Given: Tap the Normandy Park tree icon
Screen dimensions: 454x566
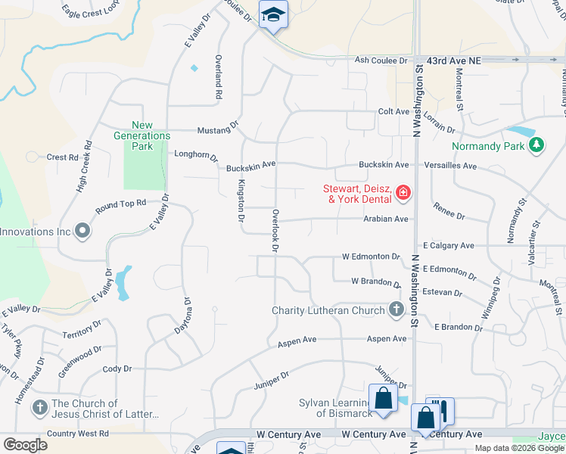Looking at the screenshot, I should (x=536, y=144).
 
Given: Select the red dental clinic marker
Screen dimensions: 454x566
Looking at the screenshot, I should (x=403, y=194).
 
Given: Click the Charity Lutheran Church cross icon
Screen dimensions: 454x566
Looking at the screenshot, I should (x=396, y=309).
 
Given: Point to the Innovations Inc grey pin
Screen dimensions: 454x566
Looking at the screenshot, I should (x=82, y=232).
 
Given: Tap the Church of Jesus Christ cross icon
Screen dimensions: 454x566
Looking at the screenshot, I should (x=39, y=409).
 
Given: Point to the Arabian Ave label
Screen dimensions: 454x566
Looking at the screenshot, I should (x=386, y=219).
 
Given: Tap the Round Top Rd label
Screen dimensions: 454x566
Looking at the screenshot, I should (x=120, y=207).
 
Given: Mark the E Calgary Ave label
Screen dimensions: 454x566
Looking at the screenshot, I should (x=449, y=245).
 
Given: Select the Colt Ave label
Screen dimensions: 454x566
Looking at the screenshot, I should (x=393, y=111).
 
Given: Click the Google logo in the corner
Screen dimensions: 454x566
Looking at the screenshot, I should (x=25, y=444).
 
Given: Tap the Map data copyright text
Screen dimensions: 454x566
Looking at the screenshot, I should (x=519, y=448).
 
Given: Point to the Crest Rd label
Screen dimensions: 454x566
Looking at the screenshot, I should (x=63, y=157).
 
